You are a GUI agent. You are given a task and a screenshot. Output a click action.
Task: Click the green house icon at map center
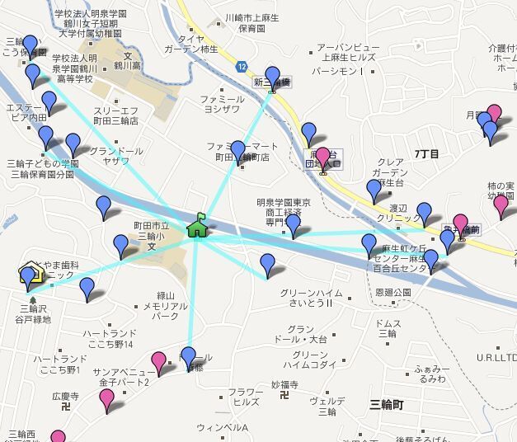[197, 225]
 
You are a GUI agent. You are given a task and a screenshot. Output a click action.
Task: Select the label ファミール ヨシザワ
[221, 104]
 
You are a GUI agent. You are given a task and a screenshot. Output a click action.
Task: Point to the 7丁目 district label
[426, 154]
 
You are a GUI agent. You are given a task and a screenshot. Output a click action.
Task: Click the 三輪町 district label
[386, 404]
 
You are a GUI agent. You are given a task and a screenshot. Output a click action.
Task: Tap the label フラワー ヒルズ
[246, 397]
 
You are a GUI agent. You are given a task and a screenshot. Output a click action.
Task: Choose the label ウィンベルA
[222, 427]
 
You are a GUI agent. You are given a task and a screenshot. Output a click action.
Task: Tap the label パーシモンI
[337, 72]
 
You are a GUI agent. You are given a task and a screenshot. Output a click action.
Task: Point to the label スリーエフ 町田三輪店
[116, 115]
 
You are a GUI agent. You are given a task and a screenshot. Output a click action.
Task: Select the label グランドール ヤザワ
[116, 156]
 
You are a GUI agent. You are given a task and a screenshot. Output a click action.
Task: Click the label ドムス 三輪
[387, 328]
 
